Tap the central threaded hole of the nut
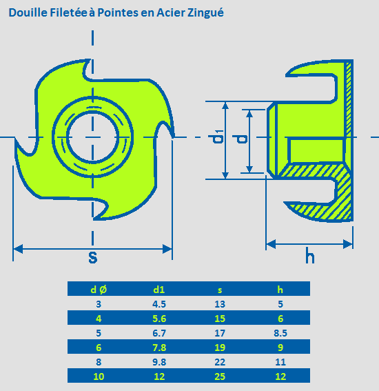(93, 137)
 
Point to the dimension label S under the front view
(93, 257)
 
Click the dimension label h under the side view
(309, 255)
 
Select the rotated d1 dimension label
(218, 137)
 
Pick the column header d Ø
(99, 290)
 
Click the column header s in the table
(220, 290)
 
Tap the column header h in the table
(280, 290)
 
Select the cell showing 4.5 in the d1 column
(159, 304)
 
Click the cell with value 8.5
(280, 333)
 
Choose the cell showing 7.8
(159, 348)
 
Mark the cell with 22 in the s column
(220, 362)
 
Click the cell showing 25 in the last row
(220, 377)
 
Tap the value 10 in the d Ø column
(99, 377)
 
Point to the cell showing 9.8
(159, 362)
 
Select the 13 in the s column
(220, 304)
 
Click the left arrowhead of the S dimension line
(18, 249)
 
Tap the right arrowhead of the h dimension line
(348, 244)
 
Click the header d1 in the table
(159, 290)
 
